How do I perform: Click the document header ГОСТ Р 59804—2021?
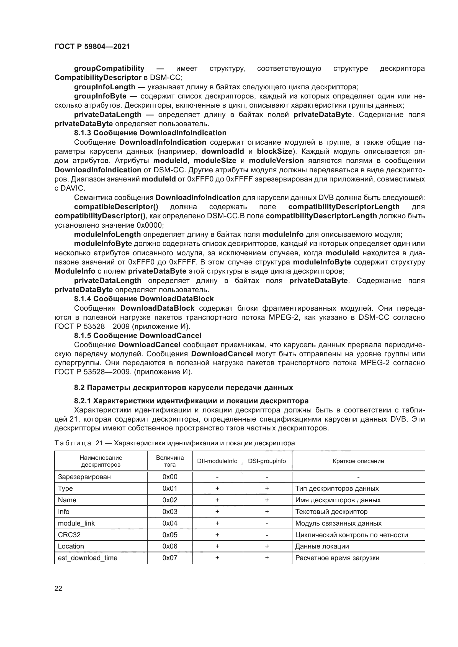coord(92,46)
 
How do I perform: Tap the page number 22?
coord(58,588)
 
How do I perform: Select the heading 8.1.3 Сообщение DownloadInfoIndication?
coord(150,133)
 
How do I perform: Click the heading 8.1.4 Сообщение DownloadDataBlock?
coord(144,299)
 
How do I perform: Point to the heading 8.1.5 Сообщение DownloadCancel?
coord(138,335)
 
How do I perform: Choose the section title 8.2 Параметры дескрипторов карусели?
coord(183,388)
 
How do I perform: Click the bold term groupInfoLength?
coord(105,87)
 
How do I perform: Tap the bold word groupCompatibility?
coord(109,69)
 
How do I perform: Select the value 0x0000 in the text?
coord(150,225)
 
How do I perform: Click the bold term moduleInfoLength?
coord(107,234)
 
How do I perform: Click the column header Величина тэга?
coord(170,461)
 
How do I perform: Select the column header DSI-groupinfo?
coord(267,461)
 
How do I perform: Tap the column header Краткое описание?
coord(358,461)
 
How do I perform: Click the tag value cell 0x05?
coord(170,535)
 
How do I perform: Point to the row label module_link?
coord(76,523)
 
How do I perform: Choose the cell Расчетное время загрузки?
coord(337,558)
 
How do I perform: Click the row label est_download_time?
coord(88,558)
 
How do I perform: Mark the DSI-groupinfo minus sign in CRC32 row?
coord(267,535)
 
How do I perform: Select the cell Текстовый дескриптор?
coord(331,512)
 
